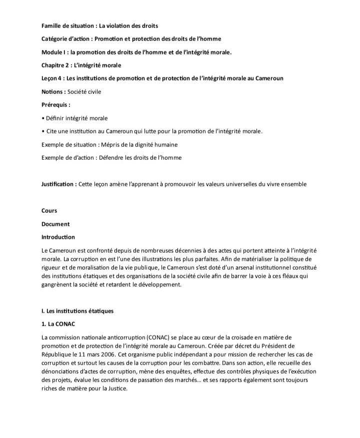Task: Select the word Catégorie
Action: tap(54, 39)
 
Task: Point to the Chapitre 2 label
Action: tap(56, 65)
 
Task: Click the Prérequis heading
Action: tap(55, 105)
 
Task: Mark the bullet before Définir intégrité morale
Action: tap(43, 118)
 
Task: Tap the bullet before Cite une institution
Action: tap(43, 131)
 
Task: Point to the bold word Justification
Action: tap(58, 184)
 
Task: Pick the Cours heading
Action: tap(49, 211)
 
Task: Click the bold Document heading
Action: tap(56, 224)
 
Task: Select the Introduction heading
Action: tap(58, 237)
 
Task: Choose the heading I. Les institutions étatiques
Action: tap(77, 311)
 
